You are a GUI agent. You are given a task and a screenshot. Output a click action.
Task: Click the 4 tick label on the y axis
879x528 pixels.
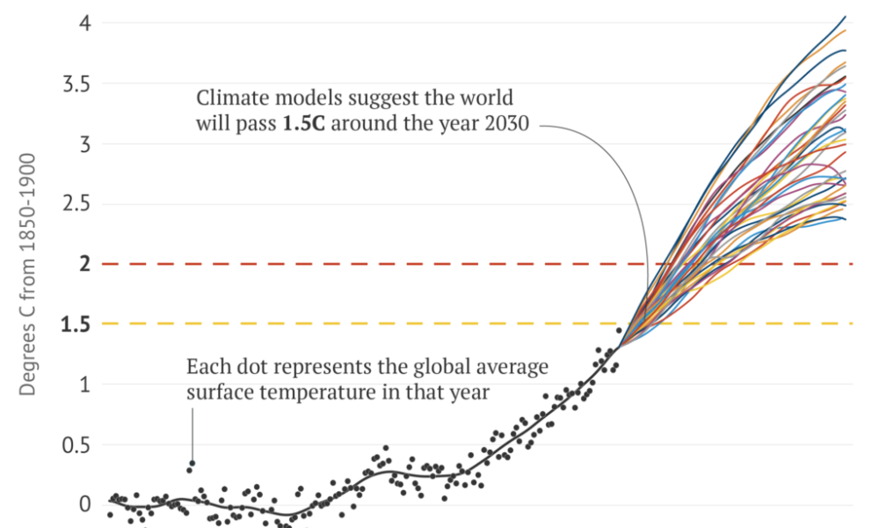pos(85,23)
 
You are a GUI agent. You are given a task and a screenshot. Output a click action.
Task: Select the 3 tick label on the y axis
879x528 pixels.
pos(85,143)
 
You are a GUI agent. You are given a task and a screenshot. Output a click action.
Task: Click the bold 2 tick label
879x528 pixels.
pos(85,264)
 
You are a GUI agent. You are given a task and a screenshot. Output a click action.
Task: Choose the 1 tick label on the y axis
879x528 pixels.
pos(85,385)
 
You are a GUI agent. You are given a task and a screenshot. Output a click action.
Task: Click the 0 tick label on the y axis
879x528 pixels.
pos(85,505)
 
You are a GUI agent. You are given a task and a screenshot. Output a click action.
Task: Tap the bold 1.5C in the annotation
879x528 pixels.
pos(301,124)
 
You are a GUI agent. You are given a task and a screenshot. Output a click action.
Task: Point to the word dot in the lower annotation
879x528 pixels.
pos(243,366)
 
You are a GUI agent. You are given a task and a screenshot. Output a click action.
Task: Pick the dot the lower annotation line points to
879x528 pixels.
pos(192,463)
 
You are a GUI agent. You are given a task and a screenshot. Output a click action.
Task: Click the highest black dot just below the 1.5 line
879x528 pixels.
pos(619,331)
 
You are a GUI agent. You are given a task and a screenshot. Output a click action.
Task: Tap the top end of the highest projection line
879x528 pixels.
pos(846,16)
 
